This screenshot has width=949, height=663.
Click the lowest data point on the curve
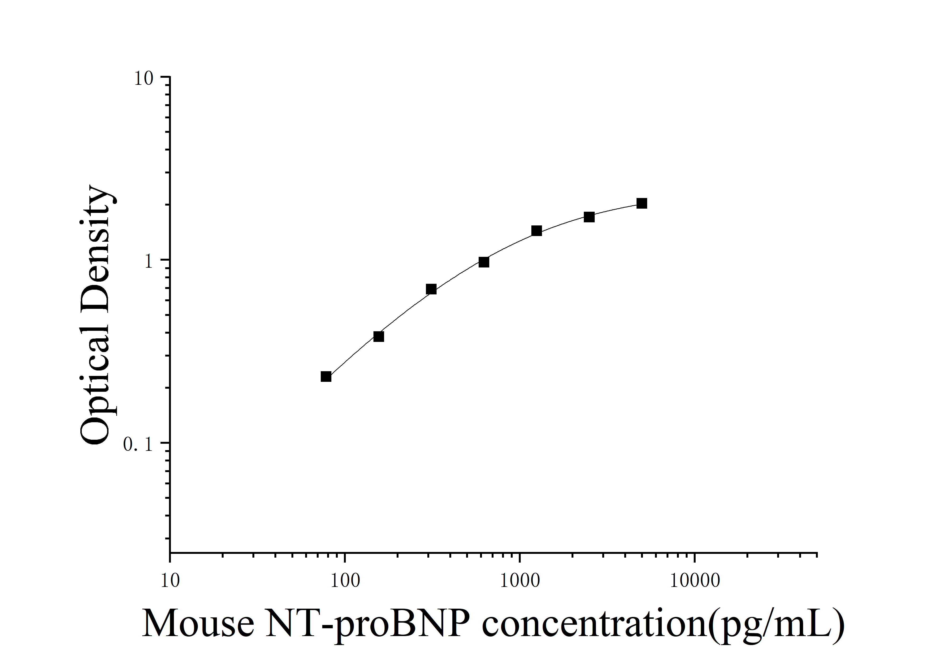[326, 376]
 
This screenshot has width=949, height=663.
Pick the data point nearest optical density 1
[484, 262]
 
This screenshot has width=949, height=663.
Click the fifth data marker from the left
[537, 231]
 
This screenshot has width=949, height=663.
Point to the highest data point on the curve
[641, 203]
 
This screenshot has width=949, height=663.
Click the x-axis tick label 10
[170, 581]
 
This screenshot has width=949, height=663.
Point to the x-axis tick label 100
[345, 581]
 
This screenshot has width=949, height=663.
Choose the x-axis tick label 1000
[520, 581]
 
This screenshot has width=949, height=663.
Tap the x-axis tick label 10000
[694, 581]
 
